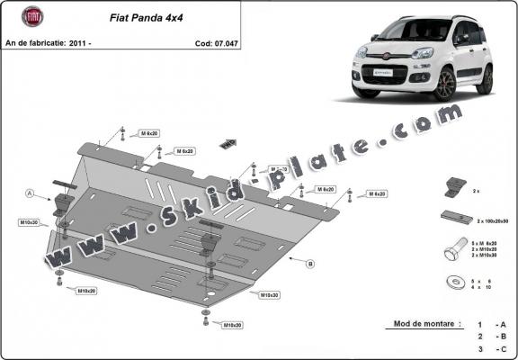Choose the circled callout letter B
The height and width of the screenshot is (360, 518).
click(x=310, y=264)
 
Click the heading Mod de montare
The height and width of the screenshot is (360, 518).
click(x=427, y=322)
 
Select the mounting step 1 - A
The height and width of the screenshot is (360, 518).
click(x=490, y=323)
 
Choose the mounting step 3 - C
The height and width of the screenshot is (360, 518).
click(x=490, y=348)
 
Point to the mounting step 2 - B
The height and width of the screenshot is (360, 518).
click(x=490, y=336)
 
